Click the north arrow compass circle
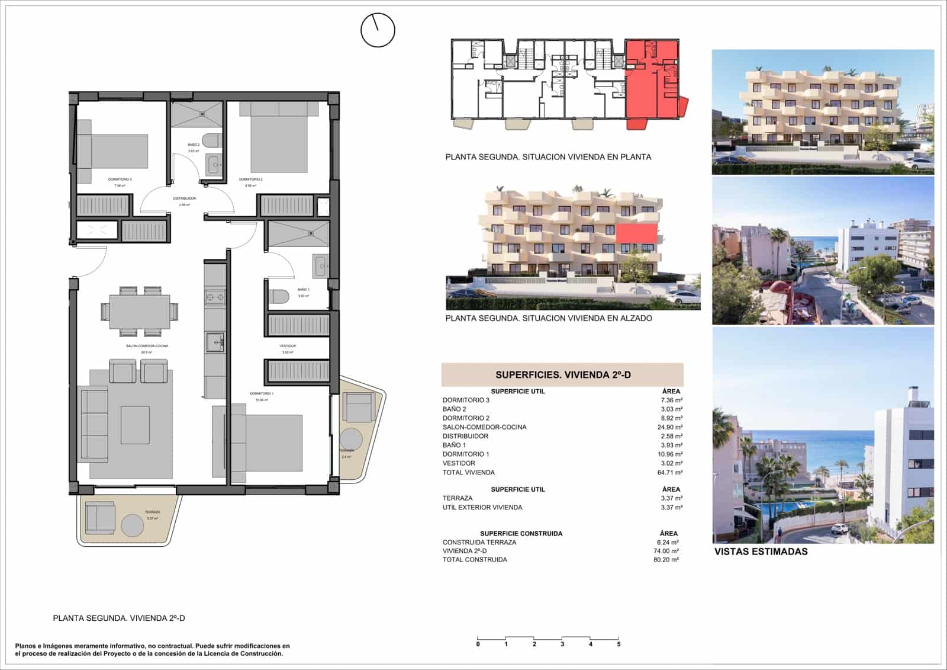tap(378, 30)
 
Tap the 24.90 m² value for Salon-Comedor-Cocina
tap(670, 427)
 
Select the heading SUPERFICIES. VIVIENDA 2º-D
tap(563, 375)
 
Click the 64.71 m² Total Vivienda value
tap(670, 473)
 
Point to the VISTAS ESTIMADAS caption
tap(761, 552)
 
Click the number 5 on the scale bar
tap(619, 644)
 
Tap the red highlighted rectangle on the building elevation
tap(636, 233)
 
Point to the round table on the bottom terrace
tap(133, 525)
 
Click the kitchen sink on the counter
tap(214, 342)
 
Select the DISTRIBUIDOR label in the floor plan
tap(184, 198)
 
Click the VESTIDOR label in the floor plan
tap(288, 346)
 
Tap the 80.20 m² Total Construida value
tap(666, 560)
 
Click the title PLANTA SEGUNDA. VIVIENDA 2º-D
tap(119, 618)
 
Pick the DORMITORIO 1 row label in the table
tap(466, 454)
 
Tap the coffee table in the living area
tap(135, 425)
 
